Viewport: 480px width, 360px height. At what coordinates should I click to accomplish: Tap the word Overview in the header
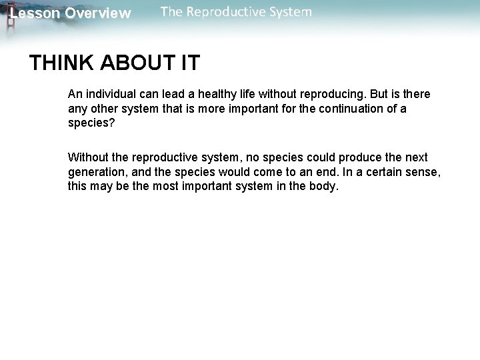coord(98,13)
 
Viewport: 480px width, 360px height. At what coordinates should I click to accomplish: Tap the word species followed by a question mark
coord(89,123)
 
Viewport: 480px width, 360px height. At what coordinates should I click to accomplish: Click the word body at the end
coord(325,187)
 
